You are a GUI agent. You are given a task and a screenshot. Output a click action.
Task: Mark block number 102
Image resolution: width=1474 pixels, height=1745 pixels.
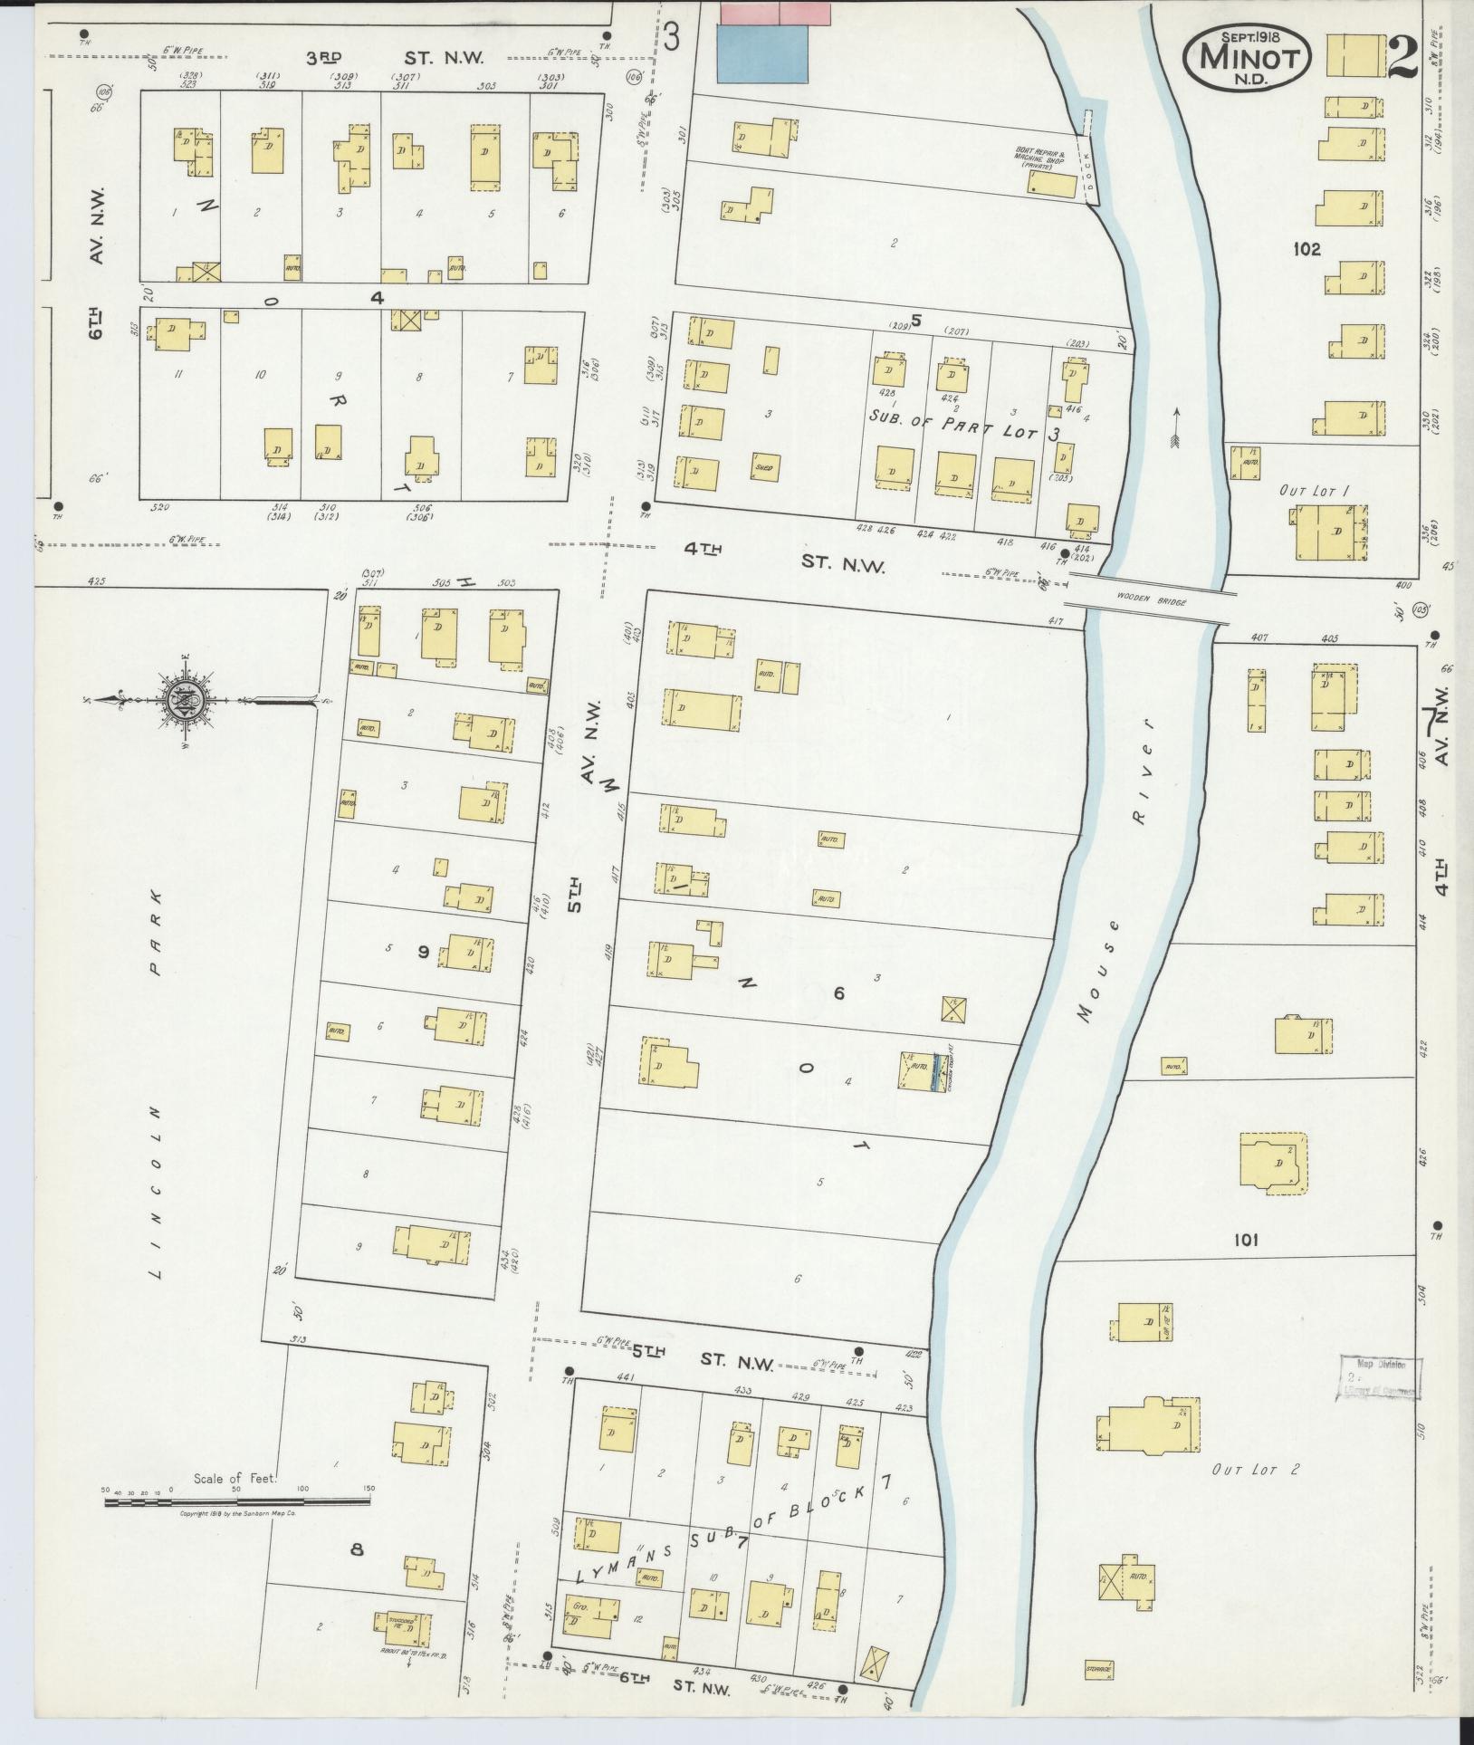(1307, 249)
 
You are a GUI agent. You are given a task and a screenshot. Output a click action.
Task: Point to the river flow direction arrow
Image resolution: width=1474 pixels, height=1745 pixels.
(1176, 427)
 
